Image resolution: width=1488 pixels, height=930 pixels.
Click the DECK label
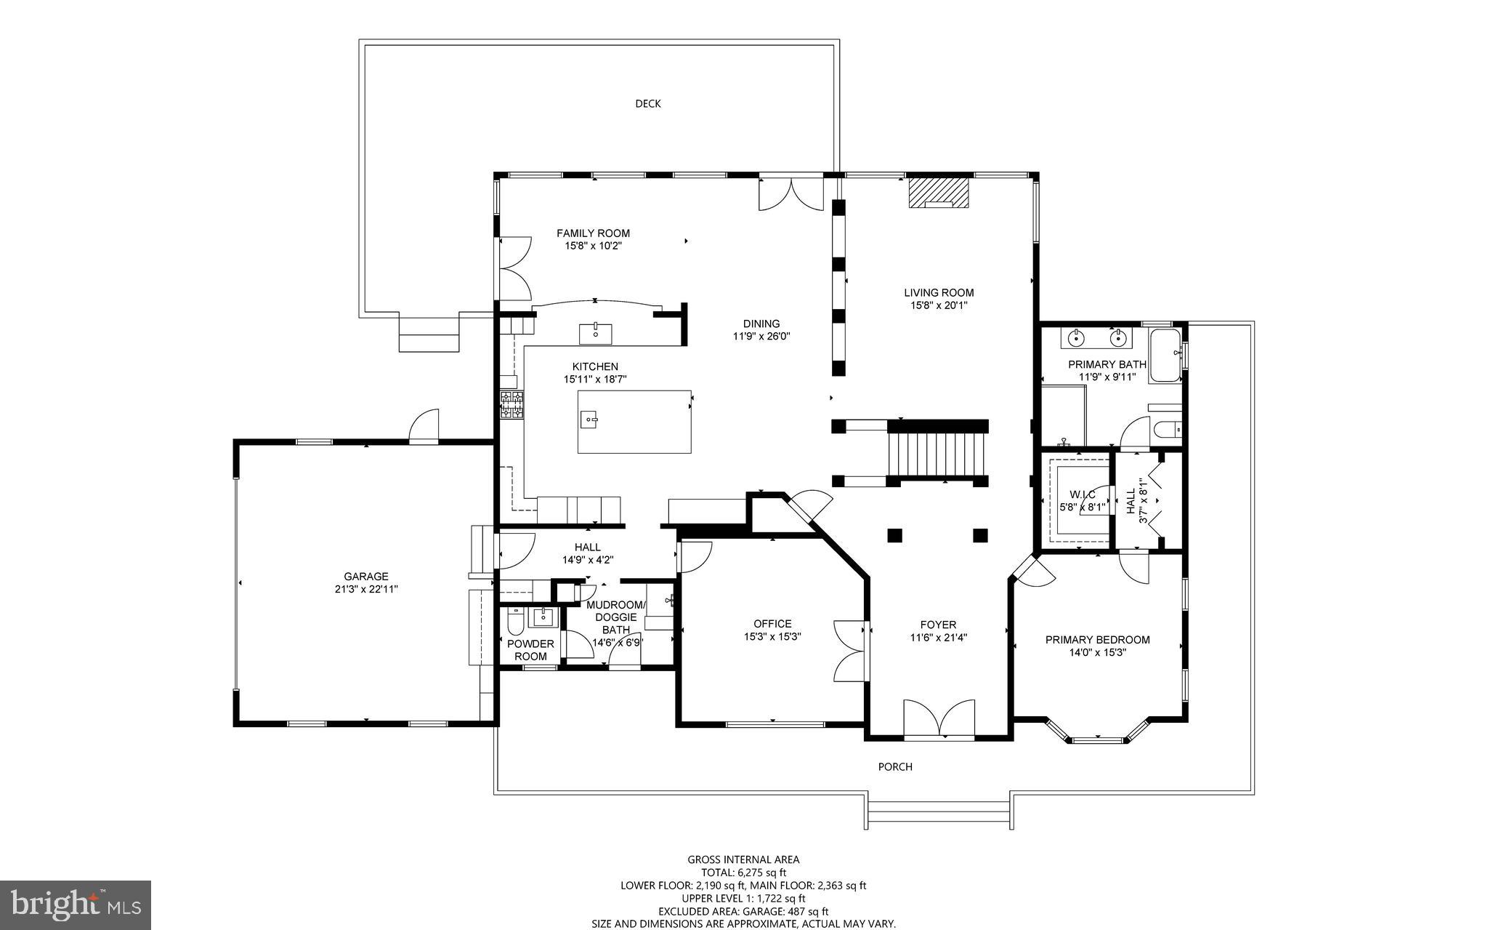coord(647,104)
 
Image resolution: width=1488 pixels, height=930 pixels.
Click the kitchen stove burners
coord(511,405)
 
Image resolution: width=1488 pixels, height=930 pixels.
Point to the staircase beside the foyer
coord(937,452)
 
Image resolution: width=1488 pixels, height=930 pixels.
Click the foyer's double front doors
coord(939,719)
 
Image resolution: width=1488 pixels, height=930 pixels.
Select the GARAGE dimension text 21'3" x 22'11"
coord(361,589)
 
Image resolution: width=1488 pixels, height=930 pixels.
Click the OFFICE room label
coord(772,624)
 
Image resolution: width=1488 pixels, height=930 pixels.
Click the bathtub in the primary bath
coord(1165,356)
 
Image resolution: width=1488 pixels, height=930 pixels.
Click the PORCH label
coord(895,766)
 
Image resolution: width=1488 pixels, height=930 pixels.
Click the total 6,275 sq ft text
coord(743,873)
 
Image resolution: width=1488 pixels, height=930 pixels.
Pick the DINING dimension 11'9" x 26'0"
coord(761,337)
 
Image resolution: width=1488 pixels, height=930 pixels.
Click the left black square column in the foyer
coord(894,536)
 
